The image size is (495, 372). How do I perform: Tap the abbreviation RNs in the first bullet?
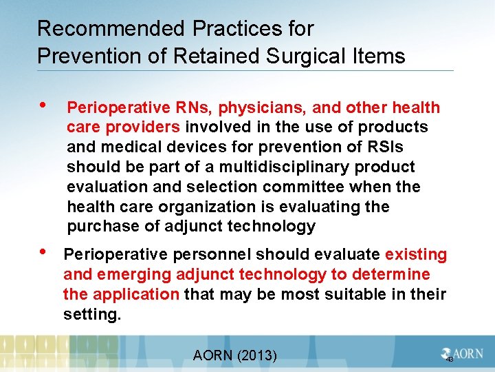(184, 107)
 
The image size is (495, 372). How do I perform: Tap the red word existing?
(415, 255)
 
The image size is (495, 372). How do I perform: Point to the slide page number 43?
(450, 360)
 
